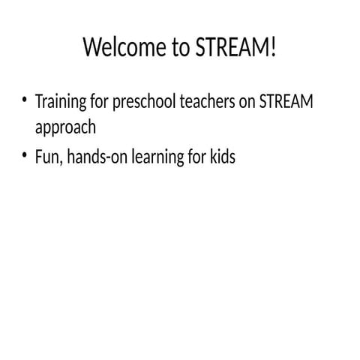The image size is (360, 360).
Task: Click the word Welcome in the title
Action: point(118,48)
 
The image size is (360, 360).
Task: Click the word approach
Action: point(66,128)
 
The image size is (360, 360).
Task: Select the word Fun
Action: point(46,158)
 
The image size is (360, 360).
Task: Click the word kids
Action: point(222,158)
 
